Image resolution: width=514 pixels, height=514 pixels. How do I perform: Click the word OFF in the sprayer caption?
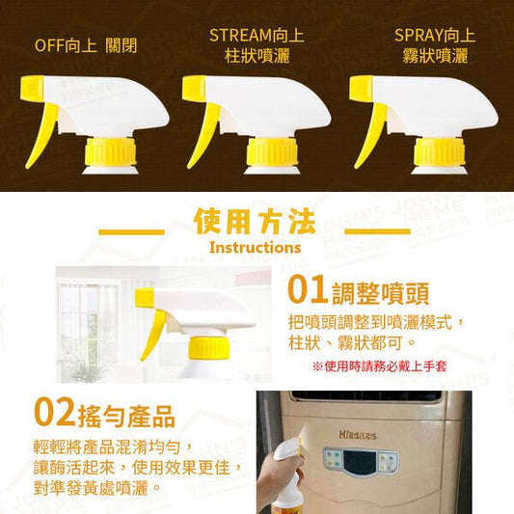tap(49, 45)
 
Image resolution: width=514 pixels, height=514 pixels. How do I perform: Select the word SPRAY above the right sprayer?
tap(418, 35)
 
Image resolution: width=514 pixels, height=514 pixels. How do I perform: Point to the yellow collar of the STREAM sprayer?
tap(272, 151)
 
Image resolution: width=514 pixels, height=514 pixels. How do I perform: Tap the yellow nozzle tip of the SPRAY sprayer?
tap(361, 88)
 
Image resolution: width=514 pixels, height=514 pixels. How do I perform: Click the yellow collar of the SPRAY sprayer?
tap(439, 151)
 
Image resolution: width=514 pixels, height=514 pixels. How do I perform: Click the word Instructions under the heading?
tap(255, 248)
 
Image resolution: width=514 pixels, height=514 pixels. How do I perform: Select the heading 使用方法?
tap(255, 221)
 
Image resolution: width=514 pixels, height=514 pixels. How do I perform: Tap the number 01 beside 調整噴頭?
tap(308, 289)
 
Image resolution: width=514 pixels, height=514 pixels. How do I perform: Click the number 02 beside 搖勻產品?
tap(54, 412)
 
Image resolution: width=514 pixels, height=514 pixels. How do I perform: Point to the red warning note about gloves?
tap(380, 366)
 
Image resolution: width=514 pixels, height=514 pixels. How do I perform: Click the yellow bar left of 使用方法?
tap(131, 232)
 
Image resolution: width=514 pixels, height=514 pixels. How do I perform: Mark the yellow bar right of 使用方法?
tap(378, 231)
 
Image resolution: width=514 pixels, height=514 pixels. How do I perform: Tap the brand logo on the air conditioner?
tap(359, 435)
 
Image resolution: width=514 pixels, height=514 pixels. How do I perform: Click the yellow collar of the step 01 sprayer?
tap(209, 348)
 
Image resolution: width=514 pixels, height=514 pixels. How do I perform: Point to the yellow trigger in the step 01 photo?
tap(153, 335)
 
